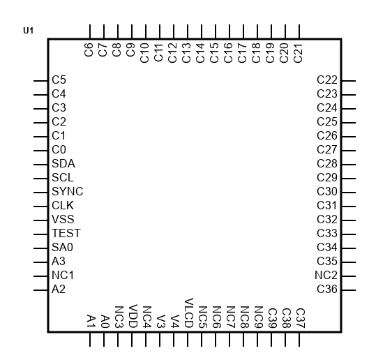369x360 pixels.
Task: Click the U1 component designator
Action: click(28, 31)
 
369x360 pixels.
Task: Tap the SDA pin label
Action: click(63, 164)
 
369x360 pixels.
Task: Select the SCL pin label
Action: click(63, 177)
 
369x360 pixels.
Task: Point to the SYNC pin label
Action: click(67, 191)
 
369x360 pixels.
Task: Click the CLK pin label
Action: click(63, 205)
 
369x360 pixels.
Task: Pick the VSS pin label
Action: click(63, 219)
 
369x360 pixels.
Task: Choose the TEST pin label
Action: click(66, 233)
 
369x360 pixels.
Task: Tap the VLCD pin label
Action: click(188, 313)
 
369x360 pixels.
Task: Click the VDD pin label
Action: click(133, 316)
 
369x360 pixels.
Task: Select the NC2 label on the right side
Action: click(326, 275)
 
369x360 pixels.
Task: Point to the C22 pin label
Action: click(327, 80)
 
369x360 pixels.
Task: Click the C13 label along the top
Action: click(186, 53)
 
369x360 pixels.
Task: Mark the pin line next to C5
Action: click(40, 81)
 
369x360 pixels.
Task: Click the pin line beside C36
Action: click(349, 290)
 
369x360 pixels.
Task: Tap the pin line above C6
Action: click(90, 31)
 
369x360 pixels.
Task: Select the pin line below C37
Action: click(299, 339)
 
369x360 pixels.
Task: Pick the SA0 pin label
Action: click(62, 247)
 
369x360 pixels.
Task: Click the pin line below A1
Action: click(90, 339)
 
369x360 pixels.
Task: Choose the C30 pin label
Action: click(327, 191)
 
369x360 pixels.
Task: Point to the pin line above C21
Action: click(299, 31)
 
